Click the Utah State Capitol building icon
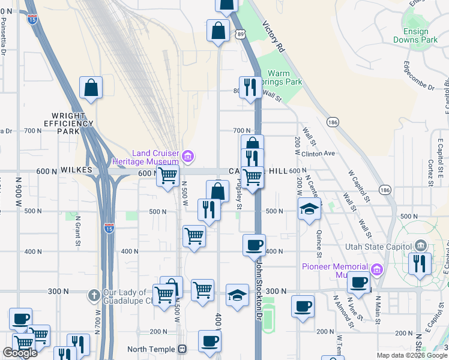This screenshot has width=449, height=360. pyautogui.click(x=420, y=246)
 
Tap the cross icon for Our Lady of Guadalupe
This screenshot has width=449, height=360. pyautogui.click(x=94, y=295)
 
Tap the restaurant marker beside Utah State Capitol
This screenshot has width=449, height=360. pyautogui.click(x=419, y=263)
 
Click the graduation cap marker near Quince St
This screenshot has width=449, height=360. pyautogui.click(x=309, y=209)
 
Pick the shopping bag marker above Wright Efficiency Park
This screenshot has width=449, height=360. pyautogui.click(x=91, y=88)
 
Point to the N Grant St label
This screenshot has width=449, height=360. pyautogui.click(x=77, y=235)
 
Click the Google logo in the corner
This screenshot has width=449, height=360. pyautogui.click(x=19, y=353)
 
